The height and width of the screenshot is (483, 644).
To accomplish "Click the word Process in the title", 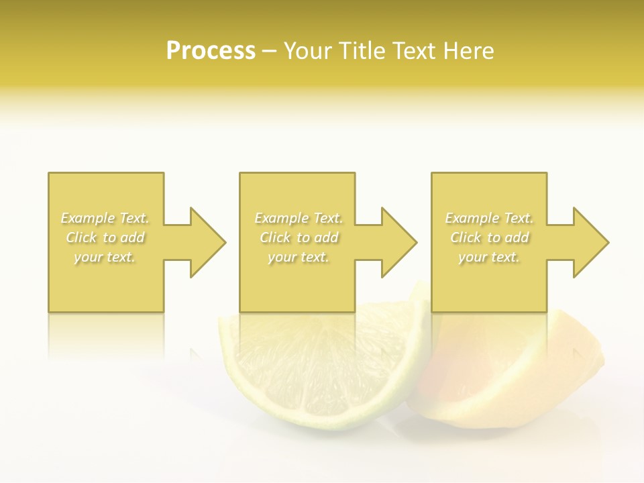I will coord(211,52).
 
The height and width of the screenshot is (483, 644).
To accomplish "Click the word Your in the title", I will coord(308,52).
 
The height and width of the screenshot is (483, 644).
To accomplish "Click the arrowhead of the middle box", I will coord(398,242).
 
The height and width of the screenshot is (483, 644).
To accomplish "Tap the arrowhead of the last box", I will coord(590,242).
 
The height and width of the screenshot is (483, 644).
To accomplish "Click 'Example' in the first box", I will coord(89,218).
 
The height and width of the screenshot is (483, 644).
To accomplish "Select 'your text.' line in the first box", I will coord(105,257).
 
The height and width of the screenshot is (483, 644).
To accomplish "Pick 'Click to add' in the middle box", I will coord(299,237).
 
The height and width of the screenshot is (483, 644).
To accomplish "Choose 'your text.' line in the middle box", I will coord(299,257).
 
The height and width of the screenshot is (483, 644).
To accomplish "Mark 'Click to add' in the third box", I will coord(489,237).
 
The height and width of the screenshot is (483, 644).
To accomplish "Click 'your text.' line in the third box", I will coord(489,257).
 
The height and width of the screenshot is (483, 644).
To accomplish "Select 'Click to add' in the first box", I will coord(105,237).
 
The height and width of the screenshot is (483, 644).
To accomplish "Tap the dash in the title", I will coord(269,52).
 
